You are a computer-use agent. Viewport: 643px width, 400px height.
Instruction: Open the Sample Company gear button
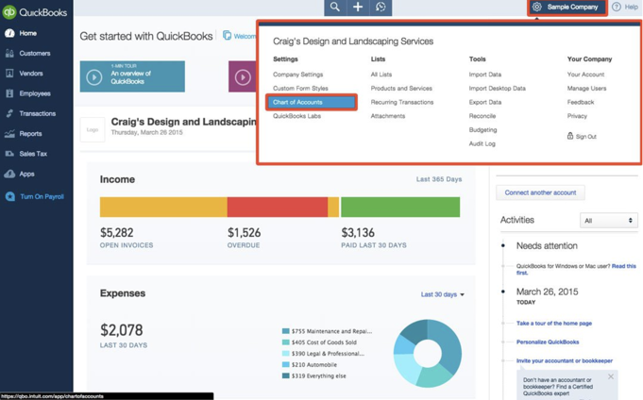(567, 8)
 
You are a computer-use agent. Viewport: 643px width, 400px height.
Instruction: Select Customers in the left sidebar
(35, 53)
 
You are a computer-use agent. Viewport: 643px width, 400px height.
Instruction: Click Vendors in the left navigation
(31, 73)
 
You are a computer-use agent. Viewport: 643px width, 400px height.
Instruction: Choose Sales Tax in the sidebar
(33, 154)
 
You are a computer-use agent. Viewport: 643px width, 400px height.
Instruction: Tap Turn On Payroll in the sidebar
(42, 196)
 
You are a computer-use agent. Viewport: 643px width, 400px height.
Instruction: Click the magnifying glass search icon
(334, 8)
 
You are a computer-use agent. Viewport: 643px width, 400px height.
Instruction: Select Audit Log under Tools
(482, 143)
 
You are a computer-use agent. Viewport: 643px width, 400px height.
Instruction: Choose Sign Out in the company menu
(584, 136)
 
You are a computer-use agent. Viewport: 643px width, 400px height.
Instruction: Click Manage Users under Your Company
(586, 88)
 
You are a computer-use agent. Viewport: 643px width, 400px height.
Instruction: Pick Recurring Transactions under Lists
(401, 102)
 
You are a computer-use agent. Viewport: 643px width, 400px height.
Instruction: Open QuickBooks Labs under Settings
(296, 116)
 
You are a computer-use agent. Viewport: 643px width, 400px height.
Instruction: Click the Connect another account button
(540, 192)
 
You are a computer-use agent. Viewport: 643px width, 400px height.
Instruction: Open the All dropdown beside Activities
(607, 221)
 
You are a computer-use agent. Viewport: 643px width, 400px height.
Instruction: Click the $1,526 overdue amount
(244, 233)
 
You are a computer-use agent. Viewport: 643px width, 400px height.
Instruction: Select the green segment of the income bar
(399, 207)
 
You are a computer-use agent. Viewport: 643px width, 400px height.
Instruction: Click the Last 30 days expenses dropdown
(442, 294)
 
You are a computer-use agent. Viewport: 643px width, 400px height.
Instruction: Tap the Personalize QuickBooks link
(548, 342)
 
